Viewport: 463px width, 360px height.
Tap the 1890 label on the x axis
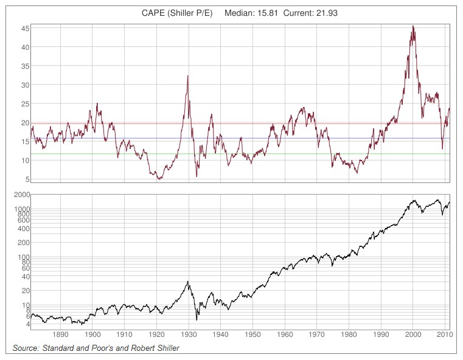[60, 335]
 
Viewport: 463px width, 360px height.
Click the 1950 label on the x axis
[253, 335]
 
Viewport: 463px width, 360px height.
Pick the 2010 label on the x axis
[445, 335]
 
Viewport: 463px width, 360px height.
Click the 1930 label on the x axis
[189, 335]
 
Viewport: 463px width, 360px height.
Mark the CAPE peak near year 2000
[413, 26]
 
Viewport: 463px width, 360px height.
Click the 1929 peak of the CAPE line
[187, 75]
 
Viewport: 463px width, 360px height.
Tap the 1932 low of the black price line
[197, 319]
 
